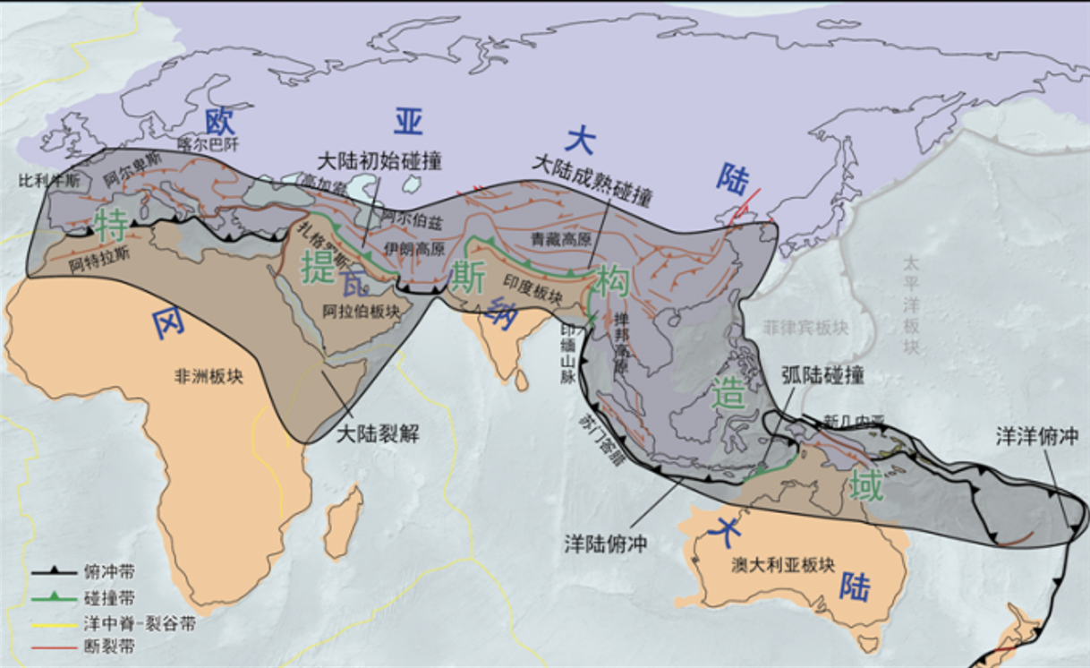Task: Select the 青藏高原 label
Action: coord(562,239)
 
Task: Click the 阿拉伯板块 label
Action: coord(363,310)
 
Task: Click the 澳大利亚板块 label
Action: coord(782,566)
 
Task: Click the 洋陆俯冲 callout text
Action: coord(606,542)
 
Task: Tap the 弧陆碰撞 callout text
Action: coord(822,374)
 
